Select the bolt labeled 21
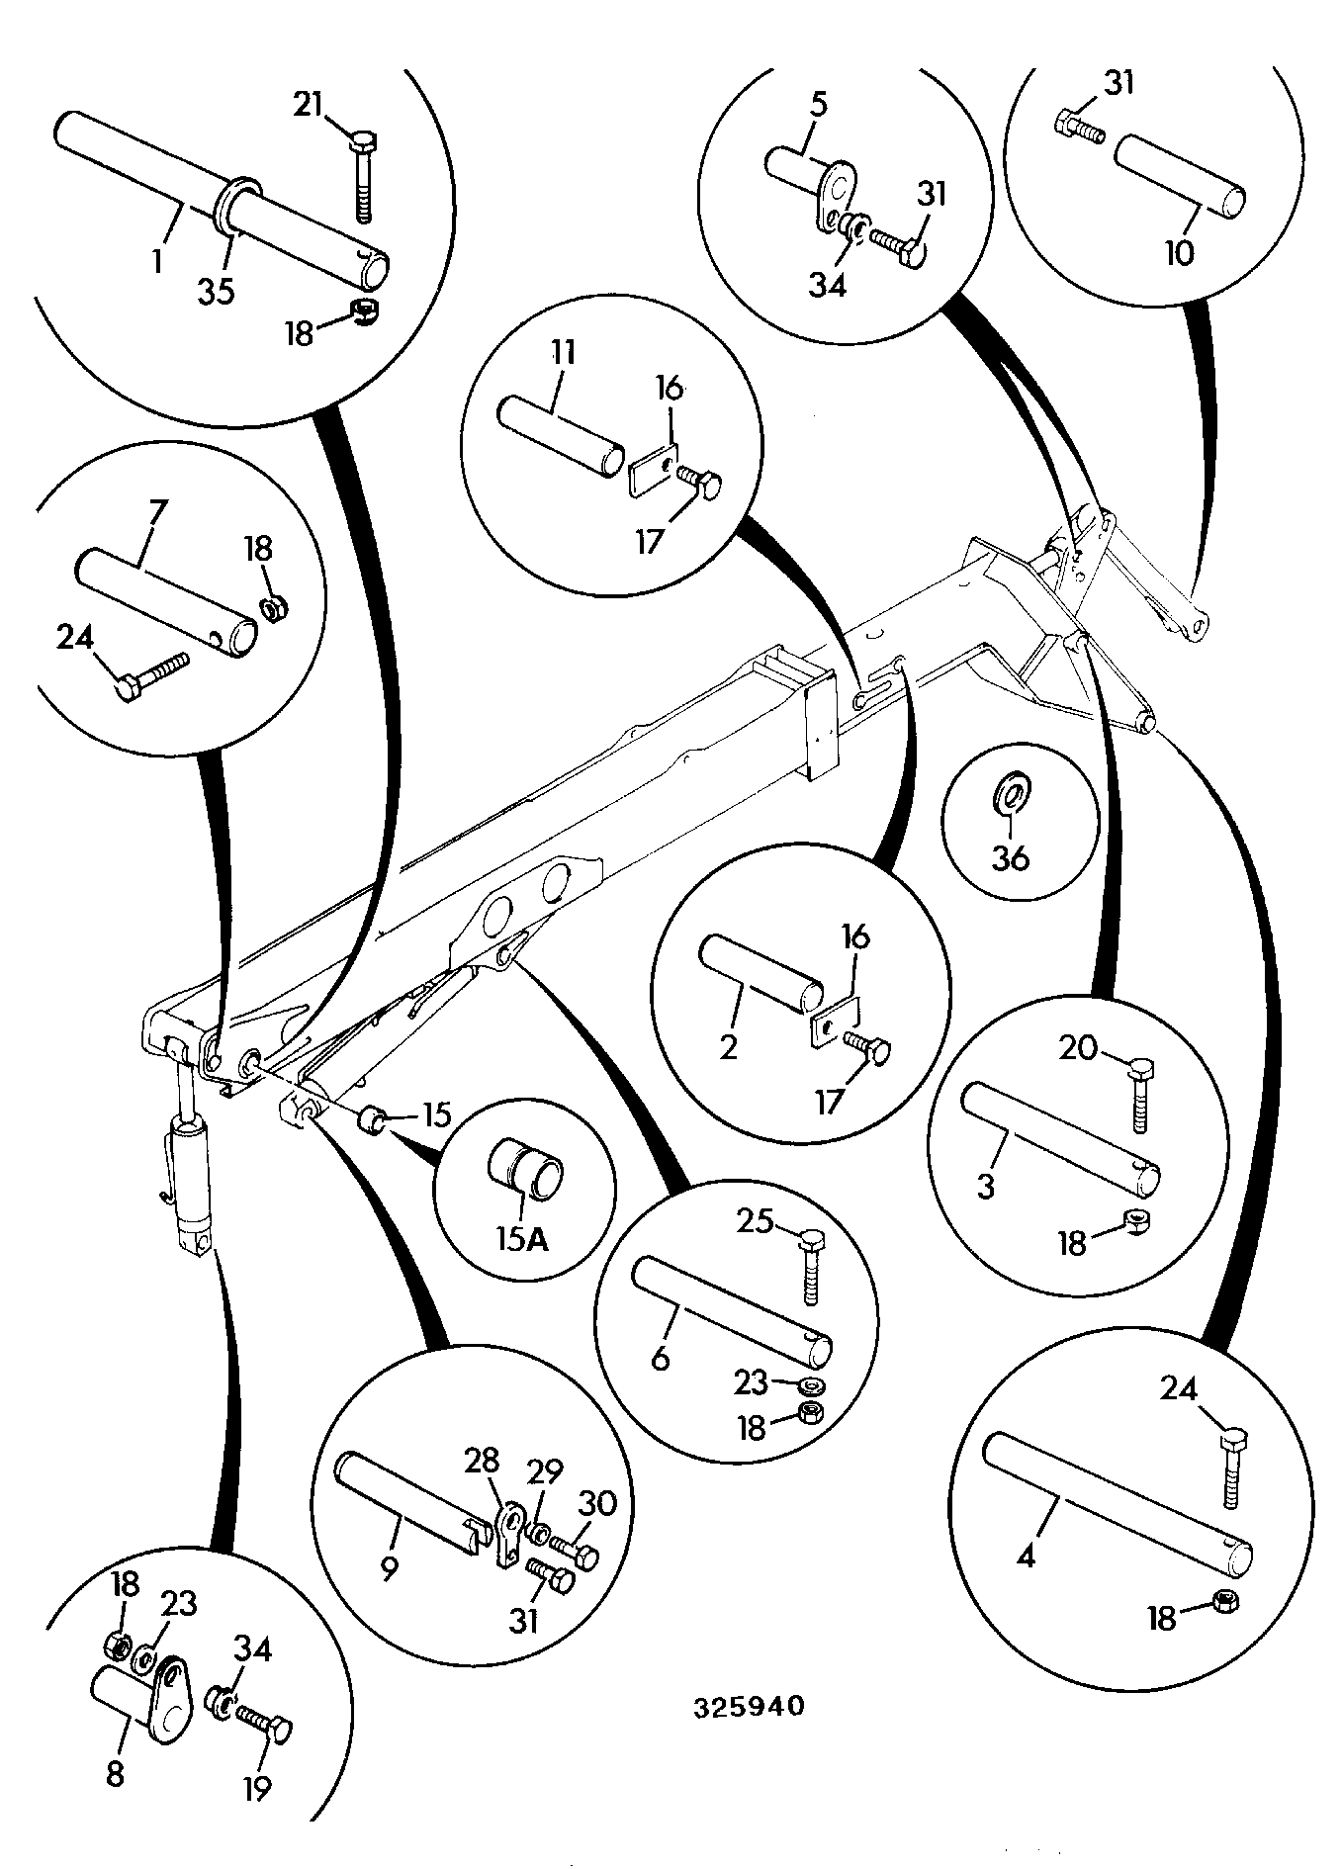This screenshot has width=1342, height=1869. point(361,176)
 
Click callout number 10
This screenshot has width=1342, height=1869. point(1179,253)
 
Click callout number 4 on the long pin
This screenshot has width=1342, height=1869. point(1026,1557)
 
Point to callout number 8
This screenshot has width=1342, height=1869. point(115,1775)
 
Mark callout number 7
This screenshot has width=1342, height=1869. point(157,512)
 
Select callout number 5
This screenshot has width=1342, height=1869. point(818,104)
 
